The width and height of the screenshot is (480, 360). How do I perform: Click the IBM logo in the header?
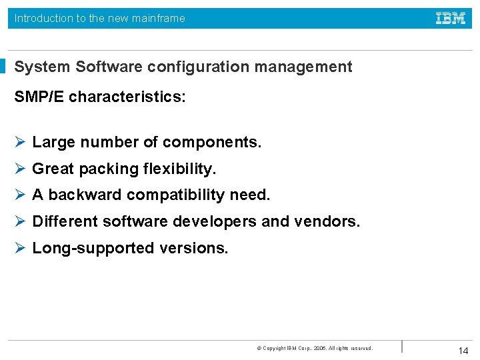point(451,19)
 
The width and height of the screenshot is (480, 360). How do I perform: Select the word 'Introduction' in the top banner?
point(44,19)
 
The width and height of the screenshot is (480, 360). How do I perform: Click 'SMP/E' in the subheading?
point(39,97)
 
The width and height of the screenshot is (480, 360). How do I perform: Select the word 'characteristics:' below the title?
point(127,97)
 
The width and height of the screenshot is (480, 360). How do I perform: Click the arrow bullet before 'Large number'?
point(20,142)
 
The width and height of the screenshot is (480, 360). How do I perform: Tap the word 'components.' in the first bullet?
point(212,142)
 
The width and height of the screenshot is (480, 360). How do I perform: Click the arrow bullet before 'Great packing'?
point(20,169)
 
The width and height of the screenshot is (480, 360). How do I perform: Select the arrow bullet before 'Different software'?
point(20,221)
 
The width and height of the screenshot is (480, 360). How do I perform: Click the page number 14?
point(463,351)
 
